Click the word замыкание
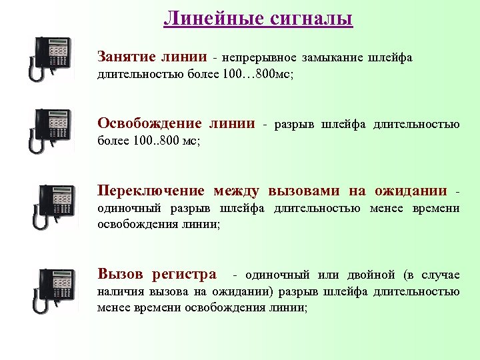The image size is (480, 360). click(331, 59)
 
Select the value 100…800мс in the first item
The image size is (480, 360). click(259, 75)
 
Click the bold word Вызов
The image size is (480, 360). click(121, 274)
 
